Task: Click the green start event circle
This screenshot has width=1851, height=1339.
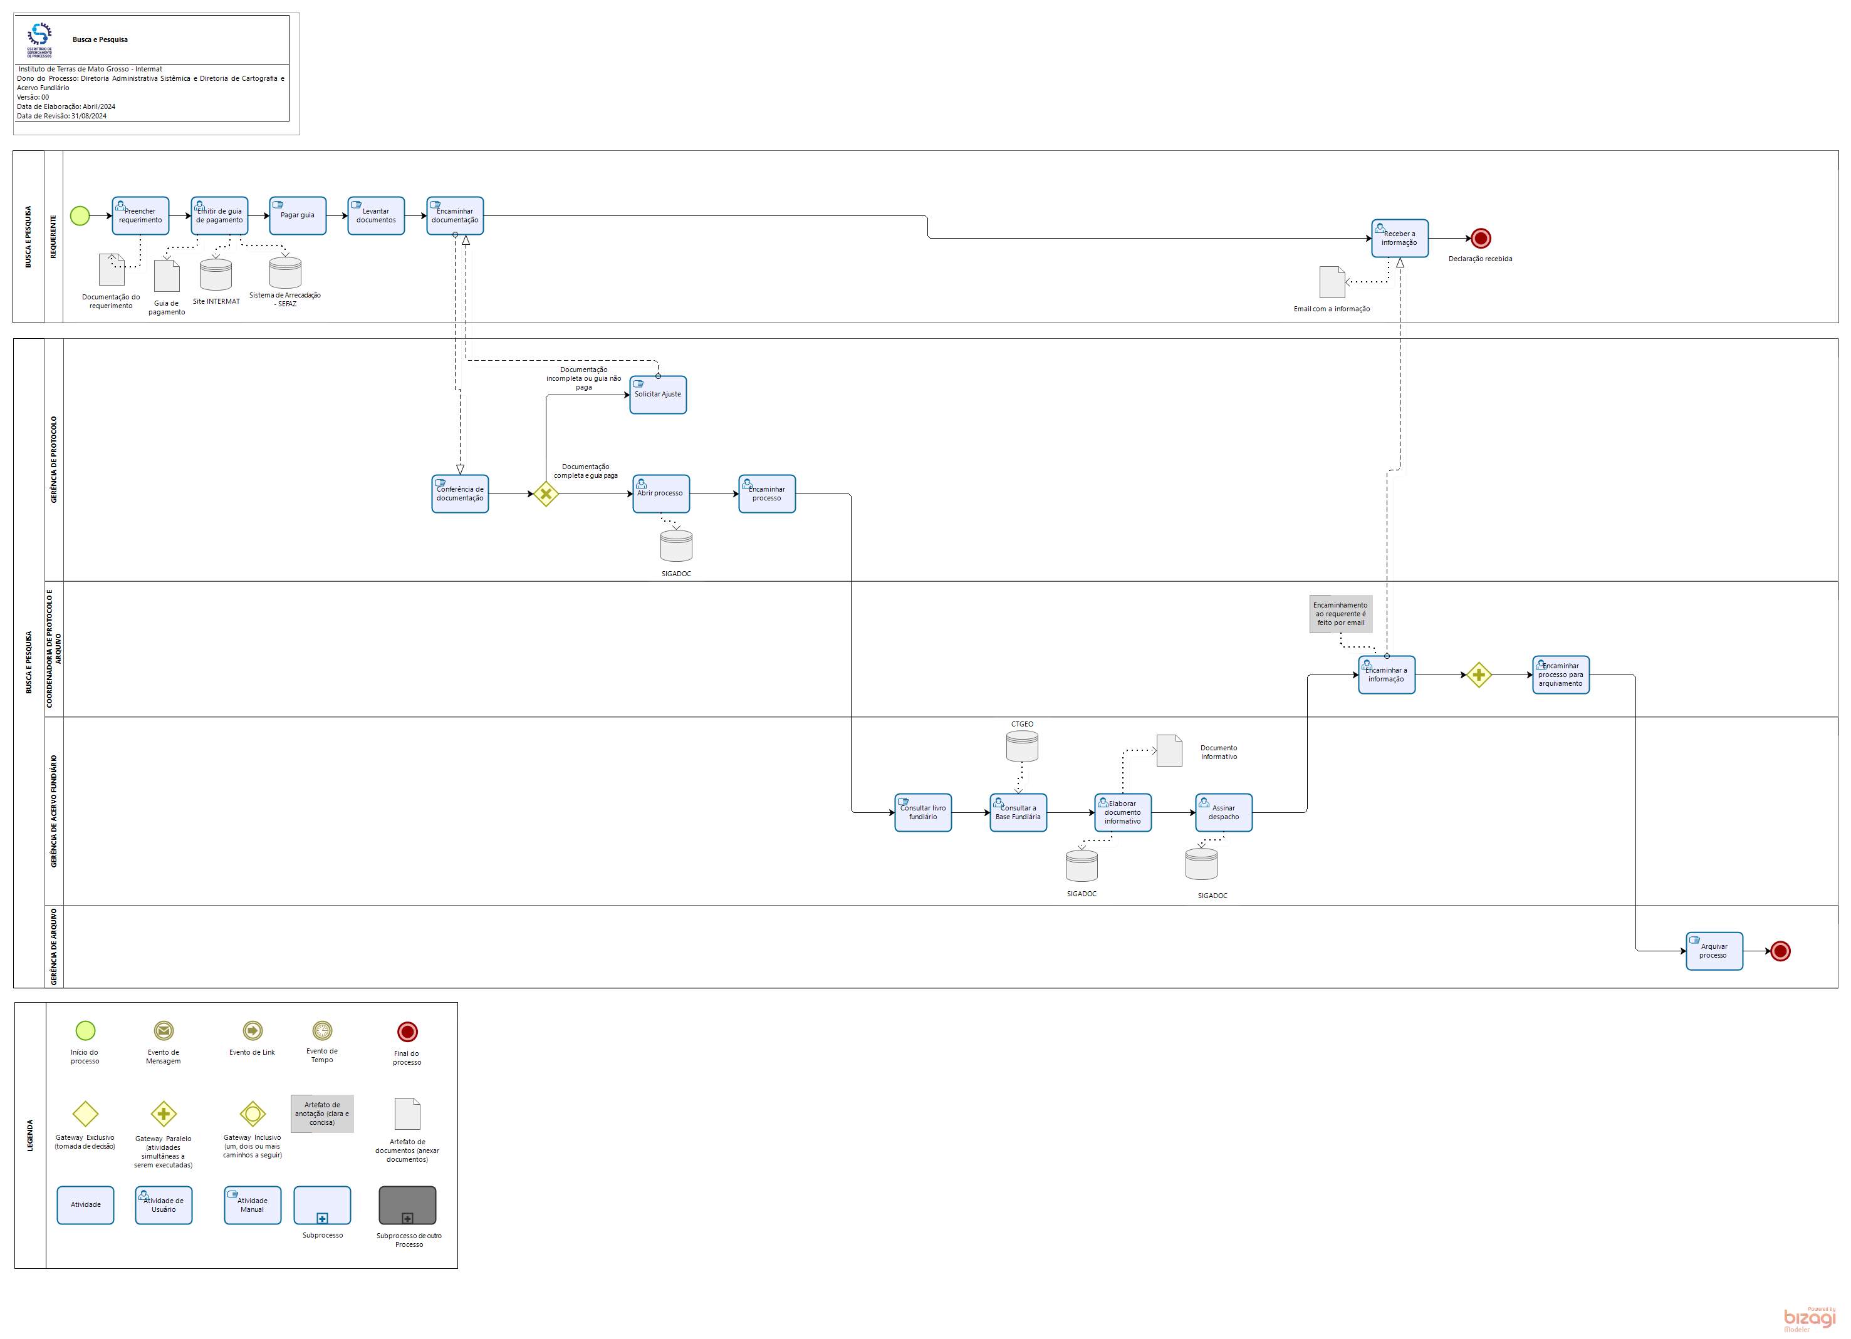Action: click(x=80, y=215)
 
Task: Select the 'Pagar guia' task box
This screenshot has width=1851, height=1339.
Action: click(x=297, y=215)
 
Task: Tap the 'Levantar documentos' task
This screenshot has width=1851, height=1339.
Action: click(x=375, y=215)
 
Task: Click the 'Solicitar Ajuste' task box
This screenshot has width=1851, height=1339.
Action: click(x=658, y=395)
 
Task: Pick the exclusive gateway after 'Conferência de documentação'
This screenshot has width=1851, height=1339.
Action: click(x=545, y=494)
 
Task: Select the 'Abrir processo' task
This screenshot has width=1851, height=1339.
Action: click(x=660, y=494)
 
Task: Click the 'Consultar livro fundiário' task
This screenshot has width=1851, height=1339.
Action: click(x=922, y=813)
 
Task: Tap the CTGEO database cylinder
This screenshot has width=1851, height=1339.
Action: click(x=1022, y=747)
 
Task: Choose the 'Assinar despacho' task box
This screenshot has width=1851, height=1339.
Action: click(x=1223, y=813)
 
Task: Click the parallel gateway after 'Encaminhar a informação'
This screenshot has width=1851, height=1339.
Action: click(x=1478, y=675)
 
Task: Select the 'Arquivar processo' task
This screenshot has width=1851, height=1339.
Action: click(x=1714, y=951)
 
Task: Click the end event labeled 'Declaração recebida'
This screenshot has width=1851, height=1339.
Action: click(x=1481, y=238)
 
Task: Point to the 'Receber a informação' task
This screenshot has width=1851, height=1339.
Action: click(x=1400, y=238)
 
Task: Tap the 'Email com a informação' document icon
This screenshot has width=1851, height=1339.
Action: click(x=1332, y=282)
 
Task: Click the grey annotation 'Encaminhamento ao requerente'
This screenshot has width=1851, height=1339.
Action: click(x=1341, y=614)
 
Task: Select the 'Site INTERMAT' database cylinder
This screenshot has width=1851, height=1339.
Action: click(x=216, y=275)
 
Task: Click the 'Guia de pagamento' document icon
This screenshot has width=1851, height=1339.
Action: click(x=167, y=276)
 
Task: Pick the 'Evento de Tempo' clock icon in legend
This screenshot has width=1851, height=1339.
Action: click(x=322, y=1031)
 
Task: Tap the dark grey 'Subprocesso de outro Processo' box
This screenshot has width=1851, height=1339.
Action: click(x=407, y=1205)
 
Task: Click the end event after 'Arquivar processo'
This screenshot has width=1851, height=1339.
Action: click(x=1780, y=951)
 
